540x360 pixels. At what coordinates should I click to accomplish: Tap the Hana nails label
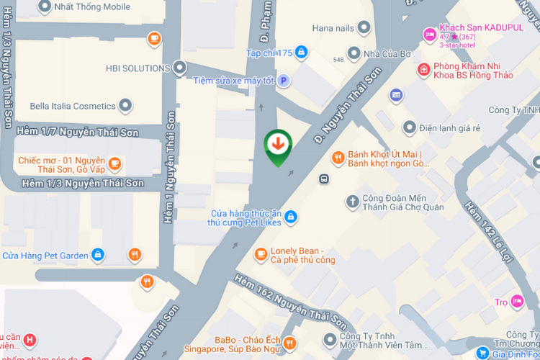tap(333, 28)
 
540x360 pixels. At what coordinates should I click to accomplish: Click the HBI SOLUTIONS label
tap(138, 68)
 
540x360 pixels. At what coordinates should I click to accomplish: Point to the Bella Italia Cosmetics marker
tap(126, 106)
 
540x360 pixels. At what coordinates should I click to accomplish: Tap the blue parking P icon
tap(284, 81)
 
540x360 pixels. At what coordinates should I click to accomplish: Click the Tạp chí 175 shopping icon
tap(301, 53)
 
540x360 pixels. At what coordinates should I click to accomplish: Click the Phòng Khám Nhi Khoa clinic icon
tap(424, 69)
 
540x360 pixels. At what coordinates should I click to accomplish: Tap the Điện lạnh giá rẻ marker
tap(410, 128)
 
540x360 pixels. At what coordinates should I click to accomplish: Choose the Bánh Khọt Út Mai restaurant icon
tap(337, 158)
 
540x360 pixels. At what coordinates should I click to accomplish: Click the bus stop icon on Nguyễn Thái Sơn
tap(325, 178)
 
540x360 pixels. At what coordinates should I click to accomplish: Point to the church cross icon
tap(352, 202)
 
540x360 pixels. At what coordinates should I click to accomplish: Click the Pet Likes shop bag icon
tap(290, 216)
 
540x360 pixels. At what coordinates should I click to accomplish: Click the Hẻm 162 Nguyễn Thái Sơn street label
tap(292, 301)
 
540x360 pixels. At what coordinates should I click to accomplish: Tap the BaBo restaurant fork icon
tap(289, 343)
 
